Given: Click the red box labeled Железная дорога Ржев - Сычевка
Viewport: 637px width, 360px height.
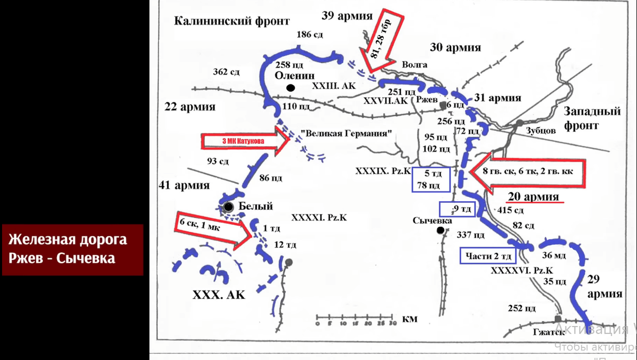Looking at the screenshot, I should pos(72,250).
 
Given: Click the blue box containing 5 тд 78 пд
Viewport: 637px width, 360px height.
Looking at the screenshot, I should pos(431,179).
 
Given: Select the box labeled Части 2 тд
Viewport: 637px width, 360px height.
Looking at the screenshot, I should pos(488,255).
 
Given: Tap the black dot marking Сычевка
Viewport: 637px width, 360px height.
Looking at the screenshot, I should pos(440,230).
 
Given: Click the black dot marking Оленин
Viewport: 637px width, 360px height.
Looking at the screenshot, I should pos(290,88).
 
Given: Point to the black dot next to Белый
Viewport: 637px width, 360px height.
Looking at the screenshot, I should pos(228,207).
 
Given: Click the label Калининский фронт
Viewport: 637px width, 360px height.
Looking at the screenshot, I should pos(232,21).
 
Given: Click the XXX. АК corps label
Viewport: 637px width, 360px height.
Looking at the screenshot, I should pos(219,295).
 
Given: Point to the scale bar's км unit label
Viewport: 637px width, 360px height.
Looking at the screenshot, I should pos(410,319).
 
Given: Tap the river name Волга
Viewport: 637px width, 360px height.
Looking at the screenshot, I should pos(415,64).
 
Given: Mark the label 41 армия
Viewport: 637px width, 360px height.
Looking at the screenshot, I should pos(184,186).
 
